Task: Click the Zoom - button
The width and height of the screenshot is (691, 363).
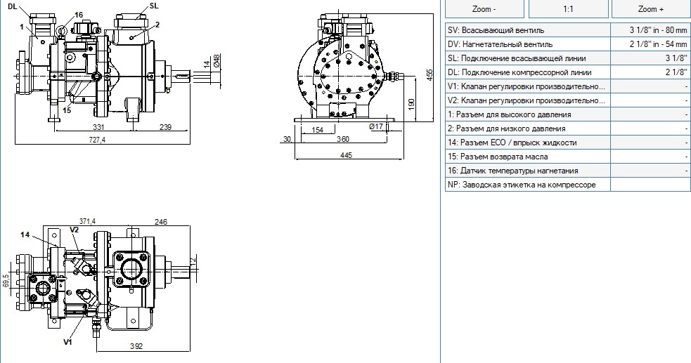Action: [484, 9]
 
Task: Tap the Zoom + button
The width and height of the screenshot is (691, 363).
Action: [651, 9]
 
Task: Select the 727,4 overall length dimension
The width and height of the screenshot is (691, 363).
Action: [97, 140]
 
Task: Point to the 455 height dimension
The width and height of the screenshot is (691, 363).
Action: [430, 75]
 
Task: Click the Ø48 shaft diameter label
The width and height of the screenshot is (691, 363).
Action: [217, 60]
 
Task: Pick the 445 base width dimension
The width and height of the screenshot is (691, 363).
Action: [347, 155]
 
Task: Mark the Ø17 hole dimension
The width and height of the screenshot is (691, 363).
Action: [376, 126]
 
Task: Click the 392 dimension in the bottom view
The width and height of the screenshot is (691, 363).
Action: [136, 346]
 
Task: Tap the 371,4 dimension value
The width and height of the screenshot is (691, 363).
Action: [87, 221]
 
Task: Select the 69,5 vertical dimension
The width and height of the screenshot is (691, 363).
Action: [6, 280]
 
